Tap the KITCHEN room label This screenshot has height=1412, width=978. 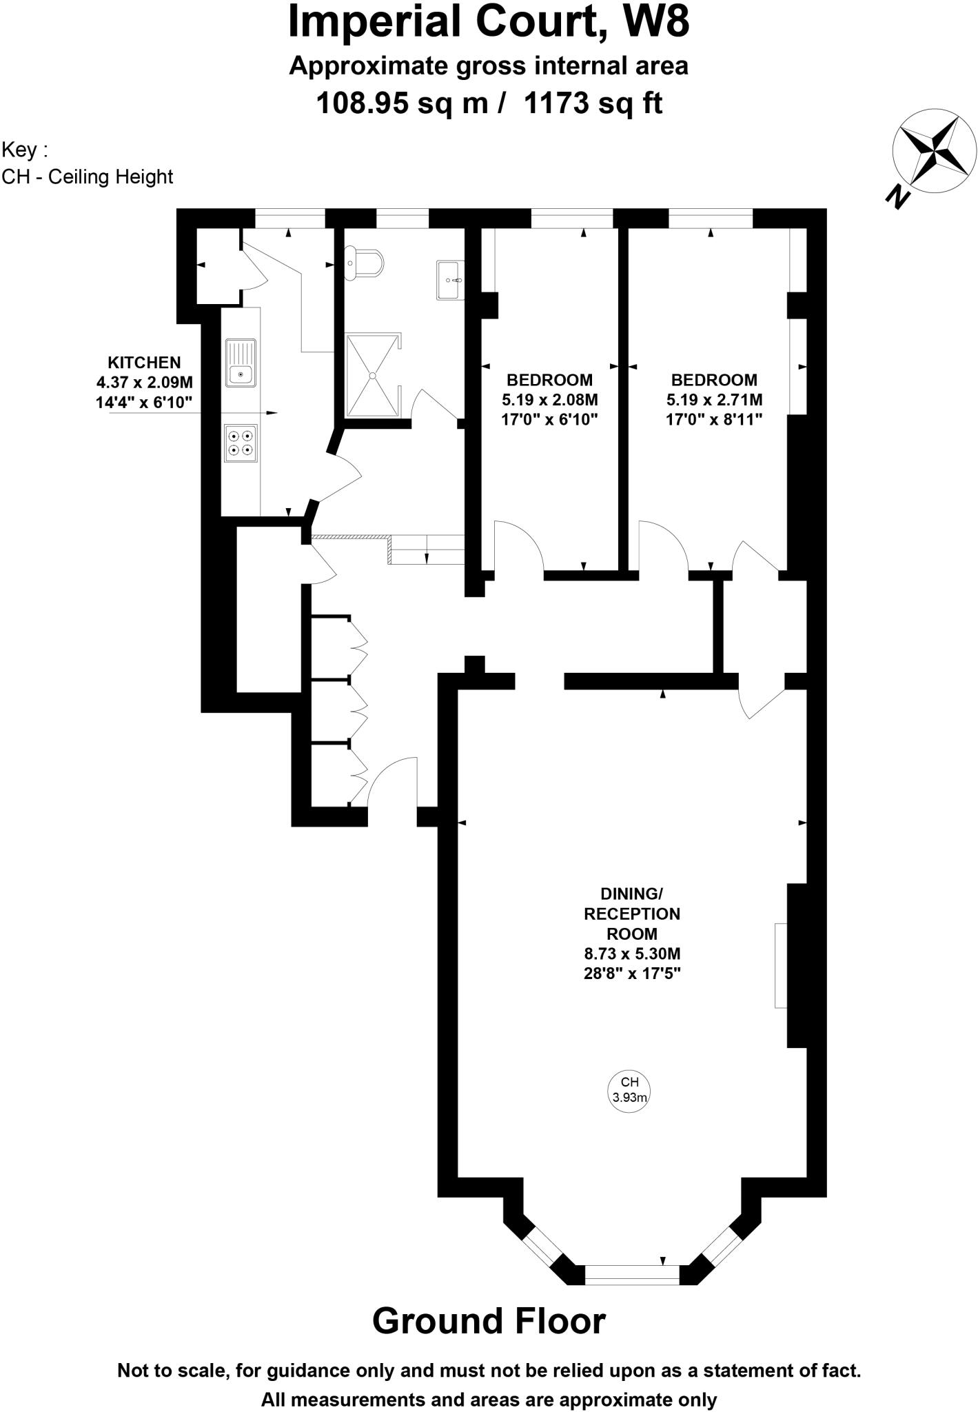(144, 362)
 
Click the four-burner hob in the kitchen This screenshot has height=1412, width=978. (241, 442)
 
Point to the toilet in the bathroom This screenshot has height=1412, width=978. (365, 263)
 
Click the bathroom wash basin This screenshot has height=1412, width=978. (451, 280)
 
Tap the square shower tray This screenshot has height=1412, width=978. (372, 376)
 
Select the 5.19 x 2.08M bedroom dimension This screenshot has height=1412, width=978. (549, 399)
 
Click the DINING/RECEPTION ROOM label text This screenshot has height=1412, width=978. (632, 914)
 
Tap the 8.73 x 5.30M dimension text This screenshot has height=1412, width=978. (632, 954)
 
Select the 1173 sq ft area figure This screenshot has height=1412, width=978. (593, 103)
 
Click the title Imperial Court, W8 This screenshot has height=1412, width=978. (489, 22)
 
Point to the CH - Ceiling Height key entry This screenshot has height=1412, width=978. (88, 177)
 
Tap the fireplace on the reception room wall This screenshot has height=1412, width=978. (780, 965)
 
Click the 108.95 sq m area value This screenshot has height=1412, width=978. (402, 103)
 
